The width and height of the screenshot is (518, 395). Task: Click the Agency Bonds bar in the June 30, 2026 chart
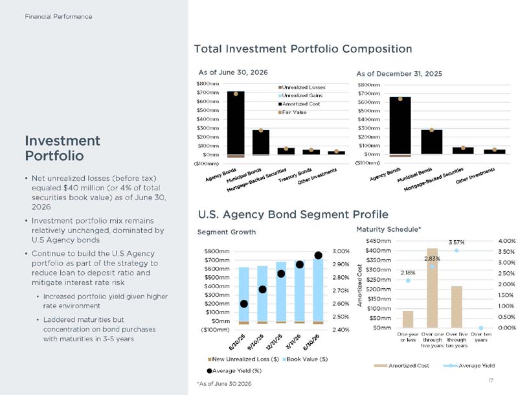236,123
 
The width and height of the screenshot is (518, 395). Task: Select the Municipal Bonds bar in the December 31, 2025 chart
431,142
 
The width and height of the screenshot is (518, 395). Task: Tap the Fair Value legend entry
293,112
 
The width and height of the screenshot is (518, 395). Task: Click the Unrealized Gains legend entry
300,95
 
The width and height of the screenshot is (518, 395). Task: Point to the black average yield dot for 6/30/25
244,304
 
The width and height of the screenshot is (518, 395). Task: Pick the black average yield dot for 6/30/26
318,255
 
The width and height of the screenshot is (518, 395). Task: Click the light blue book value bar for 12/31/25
281,291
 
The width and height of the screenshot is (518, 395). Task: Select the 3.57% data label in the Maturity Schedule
456,242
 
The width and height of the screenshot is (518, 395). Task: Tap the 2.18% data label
408,273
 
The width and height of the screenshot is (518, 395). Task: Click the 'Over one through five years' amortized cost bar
432,288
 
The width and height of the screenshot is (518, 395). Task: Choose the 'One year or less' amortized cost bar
408,319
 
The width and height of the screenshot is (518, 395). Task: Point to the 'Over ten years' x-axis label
481,337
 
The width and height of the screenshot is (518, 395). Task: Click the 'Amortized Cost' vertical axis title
360,286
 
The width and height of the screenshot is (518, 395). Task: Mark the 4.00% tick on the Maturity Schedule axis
507,241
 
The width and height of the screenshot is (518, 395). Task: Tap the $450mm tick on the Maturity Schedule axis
378,241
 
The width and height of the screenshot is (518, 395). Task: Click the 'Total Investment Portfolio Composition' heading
303,49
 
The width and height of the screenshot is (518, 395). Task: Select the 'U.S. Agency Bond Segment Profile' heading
293,214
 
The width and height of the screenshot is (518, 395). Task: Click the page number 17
491,381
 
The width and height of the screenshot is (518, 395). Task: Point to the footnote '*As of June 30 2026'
224,384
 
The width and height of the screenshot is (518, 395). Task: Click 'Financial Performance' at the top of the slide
58,17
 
